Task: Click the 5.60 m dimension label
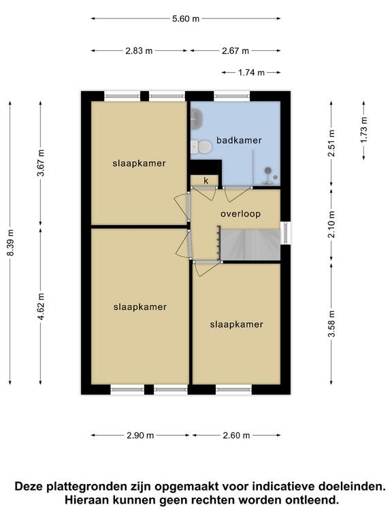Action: [186, 18]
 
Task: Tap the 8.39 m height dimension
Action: [11, 243]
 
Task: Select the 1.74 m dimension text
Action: [251, 72]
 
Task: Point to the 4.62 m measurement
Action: [41, 307]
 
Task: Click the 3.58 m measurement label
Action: [331, 324]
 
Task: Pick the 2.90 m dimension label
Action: [140, 435]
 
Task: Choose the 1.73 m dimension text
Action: [363, 130]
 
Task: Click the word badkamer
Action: [239, 140]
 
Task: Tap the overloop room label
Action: [240, 213]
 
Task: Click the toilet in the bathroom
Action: [201, 147]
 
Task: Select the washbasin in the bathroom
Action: [197, 119]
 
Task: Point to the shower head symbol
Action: [267, 171]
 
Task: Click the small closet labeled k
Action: [205, 180]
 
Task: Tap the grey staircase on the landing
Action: [250, 245]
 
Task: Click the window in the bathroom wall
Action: [231, 97]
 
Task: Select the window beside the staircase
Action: [285, 233]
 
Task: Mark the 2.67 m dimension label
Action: [235, 51]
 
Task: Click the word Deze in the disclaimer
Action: [29, 487]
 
